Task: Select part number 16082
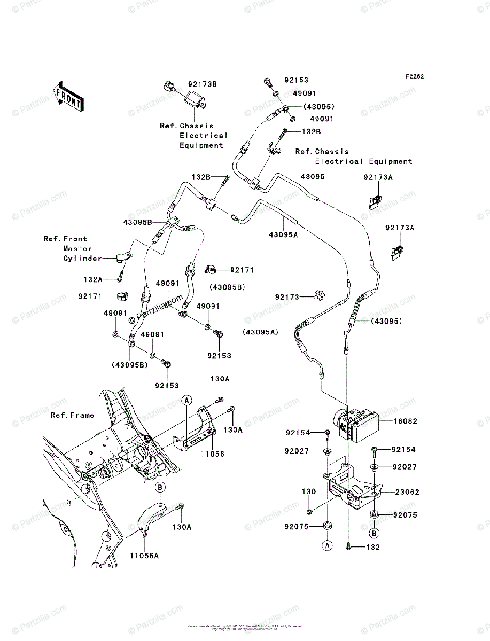pyautogui.click(x=406, y=421)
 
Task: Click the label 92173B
pyautogui.click(x=202, y=84)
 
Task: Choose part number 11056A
pyautogui.click(x=144, y=556)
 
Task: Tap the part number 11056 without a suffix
pyautogui.click(x=213, y=454)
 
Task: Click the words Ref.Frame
pyautogui.click(x=72, y=415)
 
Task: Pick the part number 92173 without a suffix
pyautogui.click(x=289, y=297)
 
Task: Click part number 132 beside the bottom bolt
pyautogui.click(x=373, y=548)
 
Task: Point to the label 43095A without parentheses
pyautogui.click(x=284, y=234)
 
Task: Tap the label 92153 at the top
pyautogui.click(x=296, y=80)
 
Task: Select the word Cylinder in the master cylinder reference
pyautogui.click(x=82, y=259)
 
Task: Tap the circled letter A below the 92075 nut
pyautogui.click(x=326, y=545)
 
